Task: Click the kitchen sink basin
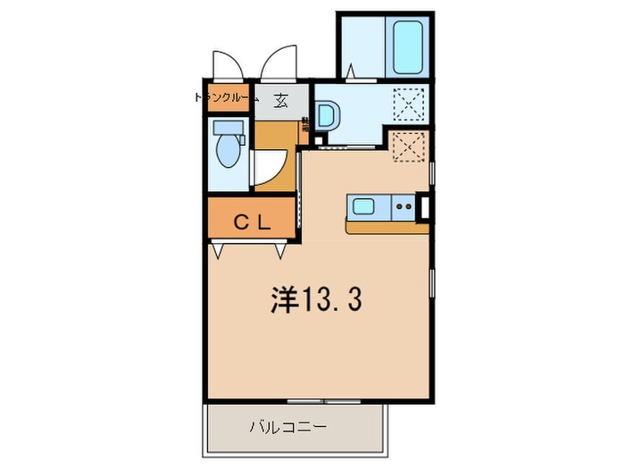pyautogui.click(x=364, y=208)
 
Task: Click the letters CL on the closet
pyautogui.click(x=252, y=223)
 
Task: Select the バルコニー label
pyautogui.click(x=287, y=428)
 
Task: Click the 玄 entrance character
pyautogui.click(x=281, y=100)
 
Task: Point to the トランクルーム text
pyautogui.click(x=226, y=99)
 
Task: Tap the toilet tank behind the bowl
pyautogui.click(x=225, y=127)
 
